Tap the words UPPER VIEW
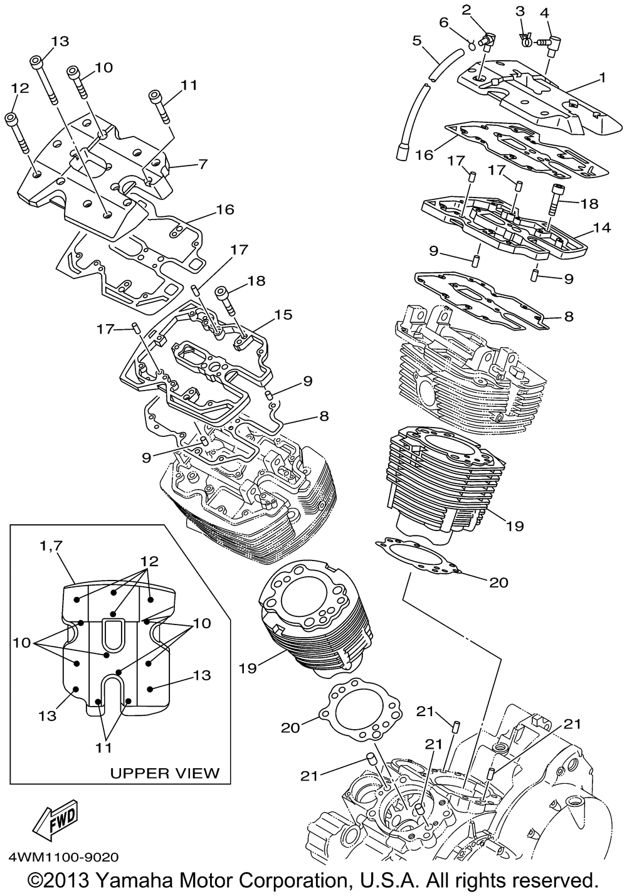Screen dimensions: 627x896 tap(165, 773)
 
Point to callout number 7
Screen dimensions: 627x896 tap(203, 164)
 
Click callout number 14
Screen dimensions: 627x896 tap(602, 228)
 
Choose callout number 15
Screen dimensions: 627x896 tap(283, 314)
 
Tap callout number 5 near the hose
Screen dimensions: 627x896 tap(417, 40)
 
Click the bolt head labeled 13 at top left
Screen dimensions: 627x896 tap(36, 62)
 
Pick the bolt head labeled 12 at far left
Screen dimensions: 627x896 tap(11, 118)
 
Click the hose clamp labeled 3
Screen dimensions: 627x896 tap(525, 38)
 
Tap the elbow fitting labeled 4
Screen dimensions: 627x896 tap(552, 41)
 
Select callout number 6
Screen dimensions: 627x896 tap(443, 23)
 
